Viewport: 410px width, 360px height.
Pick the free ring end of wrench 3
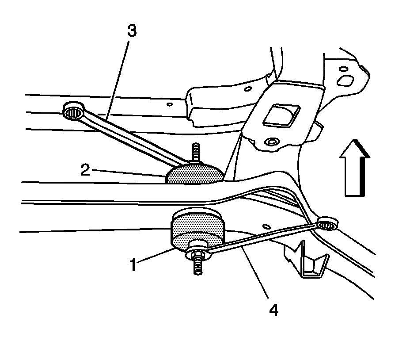coord(73,111)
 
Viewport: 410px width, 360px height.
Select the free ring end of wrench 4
coord(327,224)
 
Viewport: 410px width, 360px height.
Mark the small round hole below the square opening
coord(270,142)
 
